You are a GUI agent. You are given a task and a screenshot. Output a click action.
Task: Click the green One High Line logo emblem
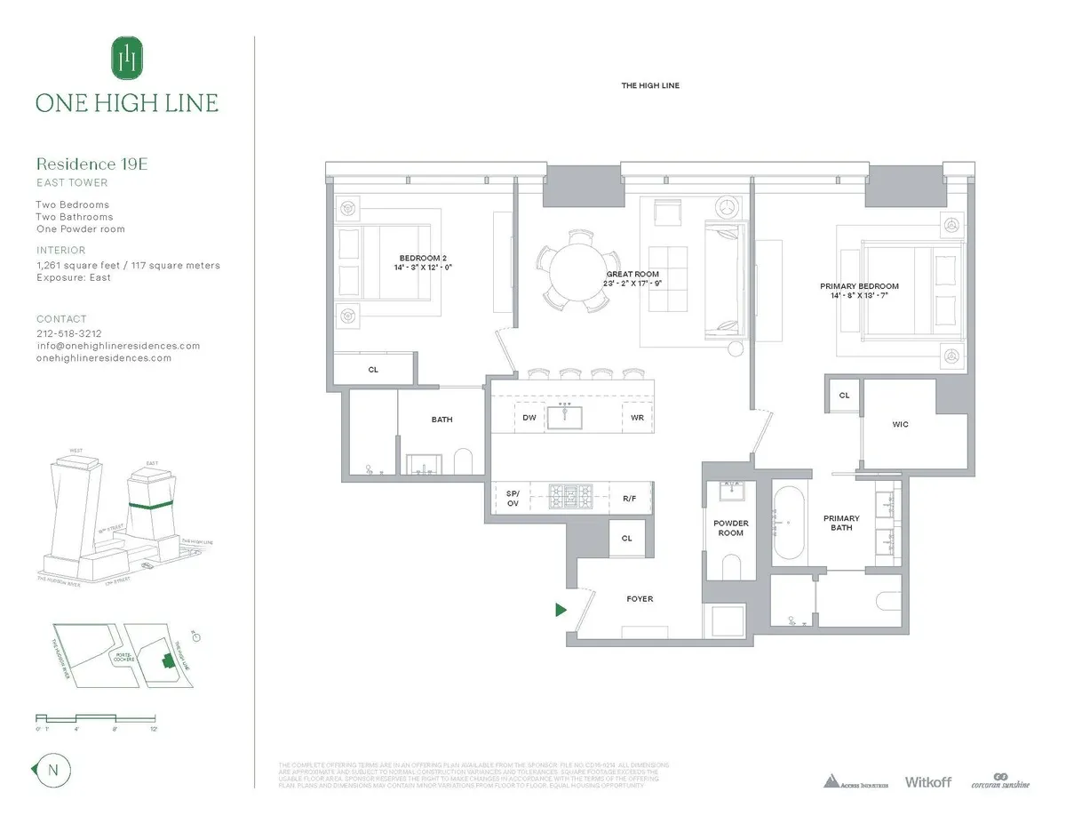(127, 58)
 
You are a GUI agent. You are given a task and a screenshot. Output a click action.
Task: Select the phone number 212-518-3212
(68, 333)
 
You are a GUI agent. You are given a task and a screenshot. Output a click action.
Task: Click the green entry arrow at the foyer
(561, 610)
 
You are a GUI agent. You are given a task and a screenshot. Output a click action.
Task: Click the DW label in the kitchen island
(529, 417)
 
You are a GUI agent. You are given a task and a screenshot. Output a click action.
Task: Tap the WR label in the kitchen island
(637, 417)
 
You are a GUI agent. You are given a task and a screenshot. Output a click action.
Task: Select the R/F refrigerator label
(629, 500)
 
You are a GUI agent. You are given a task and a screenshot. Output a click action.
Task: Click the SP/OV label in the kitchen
(513, 498)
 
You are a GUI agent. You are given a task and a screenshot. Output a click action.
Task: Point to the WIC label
(901, 424)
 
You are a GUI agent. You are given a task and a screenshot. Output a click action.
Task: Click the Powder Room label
(731, 528)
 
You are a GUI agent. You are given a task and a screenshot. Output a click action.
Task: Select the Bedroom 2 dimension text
(417, 267)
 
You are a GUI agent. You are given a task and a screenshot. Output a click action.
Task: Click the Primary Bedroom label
(859, 286)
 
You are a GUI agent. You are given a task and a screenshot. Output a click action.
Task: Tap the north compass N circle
(52, 771)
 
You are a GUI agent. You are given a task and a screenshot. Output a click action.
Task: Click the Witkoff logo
(927, 782)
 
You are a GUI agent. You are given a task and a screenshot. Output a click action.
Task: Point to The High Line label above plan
(650, 85)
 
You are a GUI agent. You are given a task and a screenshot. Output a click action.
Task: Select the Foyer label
(640, 599)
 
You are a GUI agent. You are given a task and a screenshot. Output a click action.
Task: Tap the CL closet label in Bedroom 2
(373, 369)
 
